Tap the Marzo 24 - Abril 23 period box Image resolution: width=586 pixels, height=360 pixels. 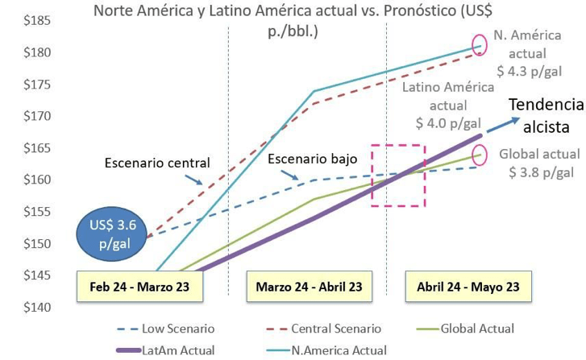[309, 287]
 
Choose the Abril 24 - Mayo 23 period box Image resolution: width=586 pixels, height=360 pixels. [468, 287]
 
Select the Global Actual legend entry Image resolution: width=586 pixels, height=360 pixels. [476, 329]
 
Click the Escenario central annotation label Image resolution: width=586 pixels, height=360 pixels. [157, 163]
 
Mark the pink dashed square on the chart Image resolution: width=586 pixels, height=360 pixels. [397, 175]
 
